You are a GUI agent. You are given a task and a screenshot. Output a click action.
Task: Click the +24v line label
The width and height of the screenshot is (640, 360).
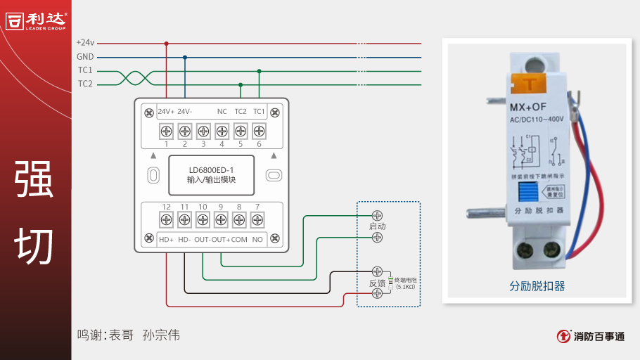pyautogui.click(x=85, y=43)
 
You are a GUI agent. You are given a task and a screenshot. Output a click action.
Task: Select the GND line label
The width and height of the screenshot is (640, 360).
pyautogui.click(x=85, y=57)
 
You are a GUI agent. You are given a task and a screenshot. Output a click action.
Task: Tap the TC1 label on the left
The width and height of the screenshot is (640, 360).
pyautogui.click(x=85, y=70)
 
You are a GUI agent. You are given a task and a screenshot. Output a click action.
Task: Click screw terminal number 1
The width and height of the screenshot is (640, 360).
pyautogui.click(x=167, y=131)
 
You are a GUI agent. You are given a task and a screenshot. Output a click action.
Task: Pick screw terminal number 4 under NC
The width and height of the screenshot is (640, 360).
pyautogui.click(x=222, y=131)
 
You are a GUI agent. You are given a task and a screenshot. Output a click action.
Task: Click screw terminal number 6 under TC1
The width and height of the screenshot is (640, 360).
pyautogui.click(x=259, y=131)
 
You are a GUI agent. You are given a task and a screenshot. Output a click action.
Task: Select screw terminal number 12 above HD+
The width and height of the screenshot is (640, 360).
pyautogui.click(x=167, y=219)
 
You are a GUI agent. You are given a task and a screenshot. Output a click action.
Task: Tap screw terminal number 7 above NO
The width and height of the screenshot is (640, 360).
pyautogui.click(x=257, y=219)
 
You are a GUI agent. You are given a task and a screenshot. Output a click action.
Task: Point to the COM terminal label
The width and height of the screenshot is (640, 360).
pyautogui.click(x=239, y=240)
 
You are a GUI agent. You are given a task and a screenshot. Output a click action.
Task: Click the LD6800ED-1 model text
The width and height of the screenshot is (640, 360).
pyautogui.click(x=211, y=170)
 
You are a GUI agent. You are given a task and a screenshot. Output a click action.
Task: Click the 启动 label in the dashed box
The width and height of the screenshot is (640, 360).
pyautogui.click(x=377, y=226)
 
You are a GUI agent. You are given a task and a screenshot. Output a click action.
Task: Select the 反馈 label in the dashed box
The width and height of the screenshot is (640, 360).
pyautogui.click(x=377, y=283)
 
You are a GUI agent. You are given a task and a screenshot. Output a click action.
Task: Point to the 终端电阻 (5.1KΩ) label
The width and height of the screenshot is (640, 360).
pyautogui.click(x=405, y=283)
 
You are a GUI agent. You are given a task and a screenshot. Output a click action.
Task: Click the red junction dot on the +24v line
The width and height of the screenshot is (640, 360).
pyautogui.click(x=167, y=44)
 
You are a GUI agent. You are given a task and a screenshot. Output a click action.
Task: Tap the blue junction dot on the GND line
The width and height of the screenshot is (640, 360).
pyautogui.click(x=185, y=58)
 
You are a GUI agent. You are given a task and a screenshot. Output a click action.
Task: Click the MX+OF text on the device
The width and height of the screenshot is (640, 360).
pyautogui.click(x=527, y=107)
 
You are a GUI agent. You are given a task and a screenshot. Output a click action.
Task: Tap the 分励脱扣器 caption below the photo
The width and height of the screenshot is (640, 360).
pyautogui.click(x=537, y=287)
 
